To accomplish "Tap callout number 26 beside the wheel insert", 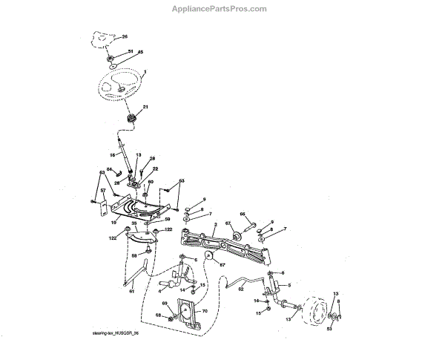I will coord(125,36).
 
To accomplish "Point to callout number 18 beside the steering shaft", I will coord(113,155).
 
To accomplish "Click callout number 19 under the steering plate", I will coord(113,221).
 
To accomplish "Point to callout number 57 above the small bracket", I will coord(103,190).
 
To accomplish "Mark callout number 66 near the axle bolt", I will coord(242,215).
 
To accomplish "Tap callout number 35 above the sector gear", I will coord(133,223).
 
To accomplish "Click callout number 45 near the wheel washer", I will coord(141,52).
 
